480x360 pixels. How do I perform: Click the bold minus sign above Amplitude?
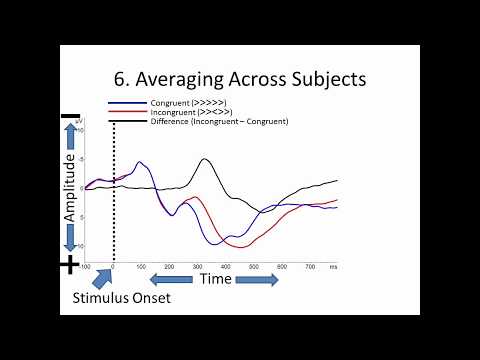(69, 117)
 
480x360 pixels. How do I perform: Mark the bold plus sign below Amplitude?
(70, 265)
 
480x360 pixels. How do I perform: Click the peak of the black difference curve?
(205, 159)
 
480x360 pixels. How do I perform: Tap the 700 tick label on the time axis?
(310, 267)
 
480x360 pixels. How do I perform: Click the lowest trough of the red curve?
(242, 246)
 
